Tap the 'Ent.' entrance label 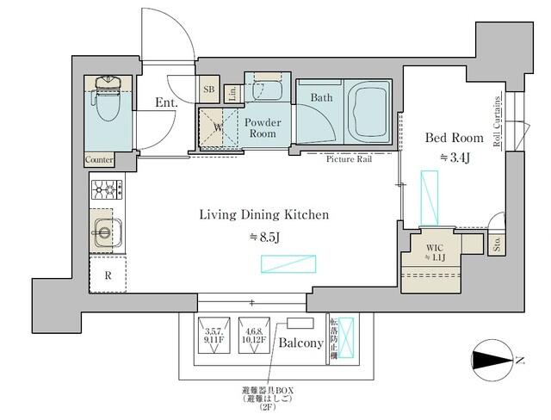[166, 103]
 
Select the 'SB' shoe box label [208, 89]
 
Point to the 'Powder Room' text [263, 127]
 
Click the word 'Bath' [322, 98]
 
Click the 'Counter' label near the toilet [100, 160]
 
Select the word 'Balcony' [300, 343]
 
